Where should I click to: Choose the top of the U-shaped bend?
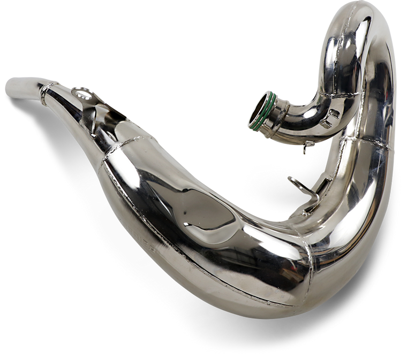point(353,16)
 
